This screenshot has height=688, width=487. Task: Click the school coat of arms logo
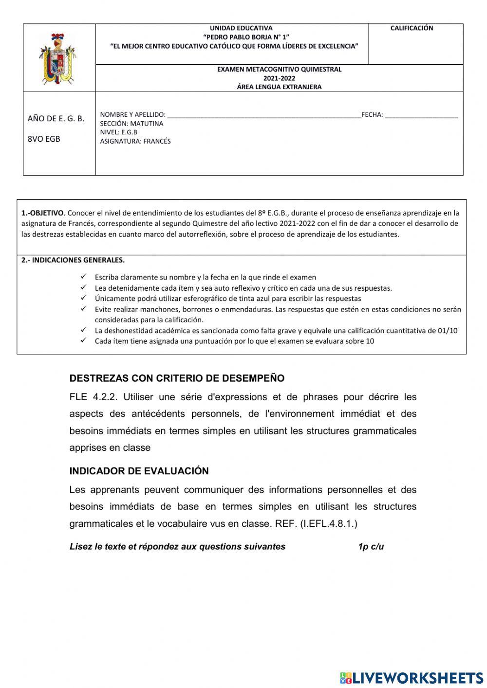pos(59,58)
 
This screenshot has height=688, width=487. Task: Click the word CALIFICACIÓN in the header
pos(412,28)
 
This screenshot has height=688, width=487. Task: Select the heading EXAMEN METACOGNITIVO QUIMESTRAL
pos(279,69)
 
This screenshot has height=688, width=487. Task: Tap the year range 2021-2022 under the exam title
pos(279,78)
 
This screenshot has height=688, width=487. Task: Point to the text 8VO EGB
pos(44,139)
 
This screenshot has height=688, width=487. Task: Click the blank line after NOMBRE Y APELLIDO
pos(263,115)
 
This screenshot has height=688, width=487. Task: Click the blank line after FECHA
pos(421,115)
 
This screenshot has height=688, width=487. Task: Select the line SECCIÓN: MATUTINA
pos(131,124)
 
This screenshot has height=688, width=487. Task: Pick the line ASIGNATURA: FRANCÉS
pos(135,141)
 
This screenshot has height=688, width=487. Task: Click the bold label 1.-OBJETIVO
pos(42,213)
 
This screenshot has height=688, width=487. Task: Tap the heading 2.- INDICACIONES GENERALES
pos(73,260)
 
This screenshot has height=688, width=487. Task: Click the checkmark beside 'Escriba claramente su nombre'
pos(84,277)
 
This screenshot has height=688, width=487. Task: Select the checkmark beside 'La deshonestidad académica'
pos(84,330)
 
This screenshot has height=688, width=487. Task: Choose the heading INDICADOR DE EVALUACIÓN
pos(139,471)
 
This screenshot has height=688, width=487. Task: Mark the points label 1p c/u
pos(371,546)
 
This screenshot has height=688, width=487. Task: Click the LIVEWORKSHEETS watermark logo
pos(412,678)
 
